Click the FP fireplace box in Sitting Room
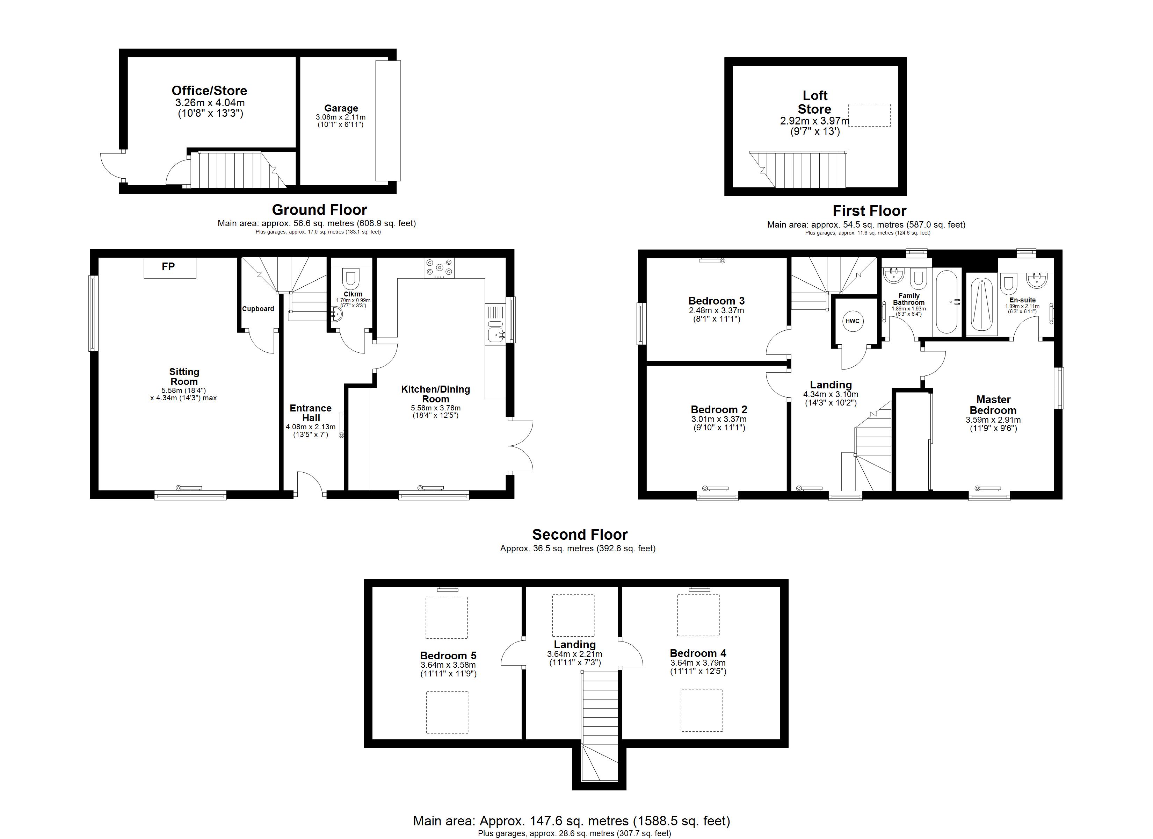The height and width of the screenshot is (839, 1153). (x=170, y=268)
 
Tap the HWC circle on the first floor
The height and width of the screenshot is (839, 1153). (x=853, y=321)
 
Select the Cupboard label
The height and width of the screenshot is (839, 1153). (x=258, y=309)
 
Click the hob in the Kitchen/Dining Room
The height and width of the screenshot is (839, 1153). (x=439, y=268)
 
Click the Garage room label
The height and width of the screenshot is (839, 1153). (x=341, y=108)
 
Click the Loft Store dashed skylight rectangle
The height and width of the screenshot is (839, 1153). (x=869, y=115)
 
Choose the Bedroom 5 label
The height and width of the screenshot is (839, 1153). (x=448, y=656)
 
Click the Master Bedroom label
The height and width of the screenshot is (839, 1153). (x=993, y=405)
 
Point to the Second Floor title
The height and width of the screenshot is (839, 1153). (x=580, y=535)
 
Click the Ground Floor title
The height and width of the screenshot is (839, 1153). (x=319, y=210)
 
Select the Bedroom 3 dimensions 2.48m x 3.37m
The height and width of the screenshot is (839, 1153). (x=716, y=310)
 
